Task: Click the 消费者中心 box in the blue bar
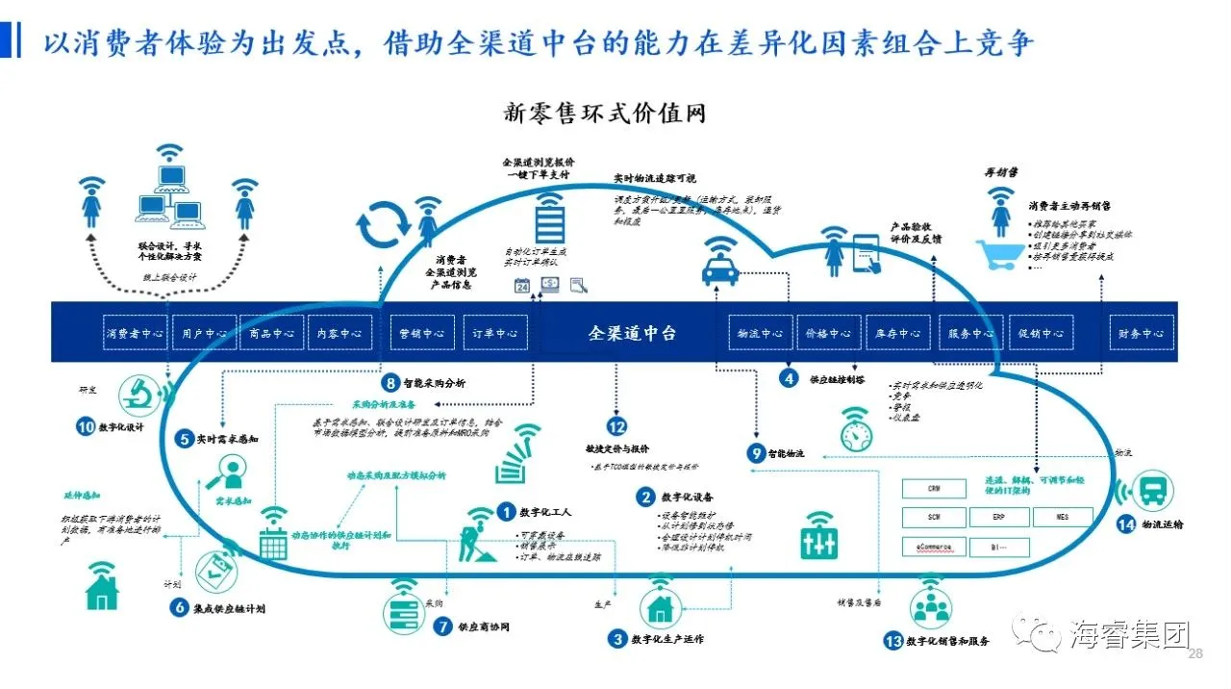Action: (136, 333)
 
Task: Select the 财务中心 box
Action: (1141, 333)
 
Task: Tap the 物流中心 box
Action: (760, 333)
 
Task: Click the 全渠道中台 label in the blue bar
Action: (632, 333)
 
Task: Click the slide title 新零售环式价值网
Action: (605, 113)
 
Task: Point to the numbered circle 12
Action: (616, 426)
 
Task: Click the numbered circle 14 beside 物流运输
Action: (1126, 524)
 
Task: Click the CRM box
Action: (934, 489)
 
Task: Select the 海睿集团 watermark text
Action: (1130, 635)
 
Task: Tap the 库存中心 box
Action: (897, 333)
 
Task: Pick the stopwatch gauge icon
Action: (855, 429)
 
